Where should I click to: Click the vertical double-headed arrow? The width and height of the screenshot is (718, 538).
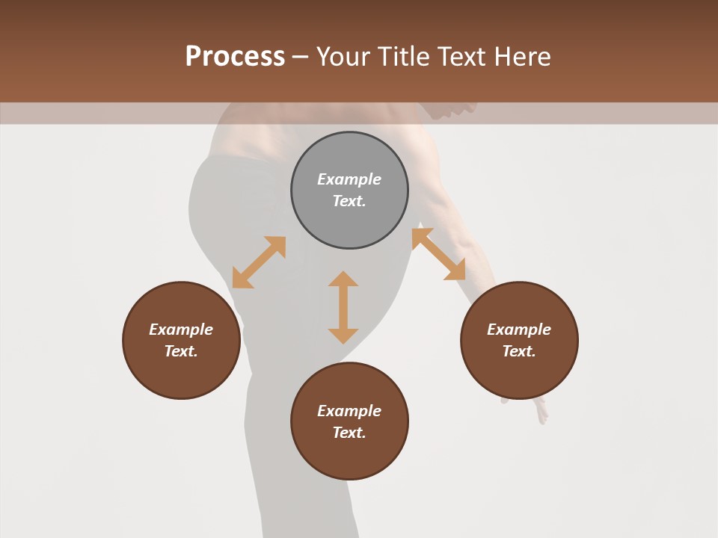343,307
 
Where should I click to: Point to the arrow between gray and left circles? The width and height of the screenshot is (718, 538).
259,262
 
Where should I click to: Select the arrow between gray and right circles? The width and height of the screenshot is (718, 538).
438,254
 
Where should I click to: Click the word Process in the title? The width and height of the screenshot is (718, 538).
235,57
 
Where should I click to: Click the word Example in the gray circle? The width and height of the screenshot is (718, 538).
349,179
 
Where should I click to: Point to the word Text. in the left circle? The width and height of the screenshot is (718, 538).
181,351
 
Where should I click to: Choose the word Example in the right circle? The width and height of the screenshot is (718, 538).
519,330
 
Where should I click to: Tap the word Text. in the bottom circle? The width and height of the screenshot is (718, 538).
349,433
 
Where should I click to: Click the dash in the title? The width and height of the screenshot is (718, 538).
301,58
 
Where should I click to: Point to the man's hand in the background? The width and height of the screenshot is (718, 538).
538,410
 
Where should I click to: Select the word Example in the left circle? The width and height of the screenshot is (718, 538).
181,330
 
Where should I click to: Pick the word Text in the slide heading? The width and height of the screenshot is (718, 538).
462,57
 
